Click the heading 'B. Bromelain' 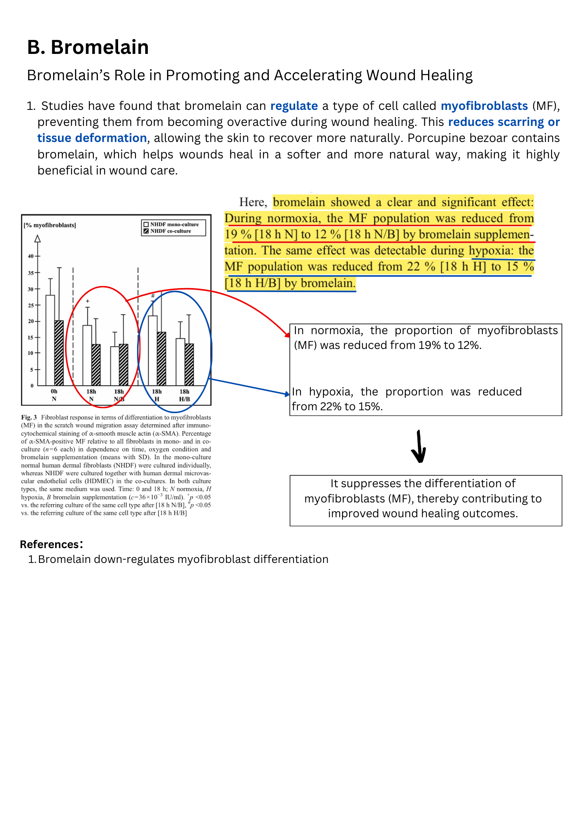tap(88, 47)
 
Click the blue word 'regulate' tap(294, 106)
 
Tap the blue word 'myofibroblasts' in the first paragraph tap(484, 106)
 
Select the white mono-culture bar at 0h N tap(50, 340)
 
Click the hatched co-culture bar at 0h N tap(59, 353)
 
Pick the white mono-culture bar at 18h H tap(153, 350)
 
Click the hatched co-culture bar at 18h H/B tap(189, 364)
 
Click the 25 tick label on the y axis tap(30, 305)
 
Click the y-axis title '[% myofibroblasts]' tap(50, 225)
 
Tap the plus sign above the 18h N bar tap(87, 301)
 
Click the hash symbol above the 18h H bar tap(153, 295)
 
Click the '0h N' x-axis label tap(54, 395)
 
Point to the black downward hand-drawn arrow tap(419, 446)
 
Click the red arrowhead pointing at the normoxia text tap(288, 335)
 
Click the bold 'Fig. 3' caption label tap(29, 417)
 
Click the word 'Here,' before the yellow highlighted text tap(253, 202)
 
